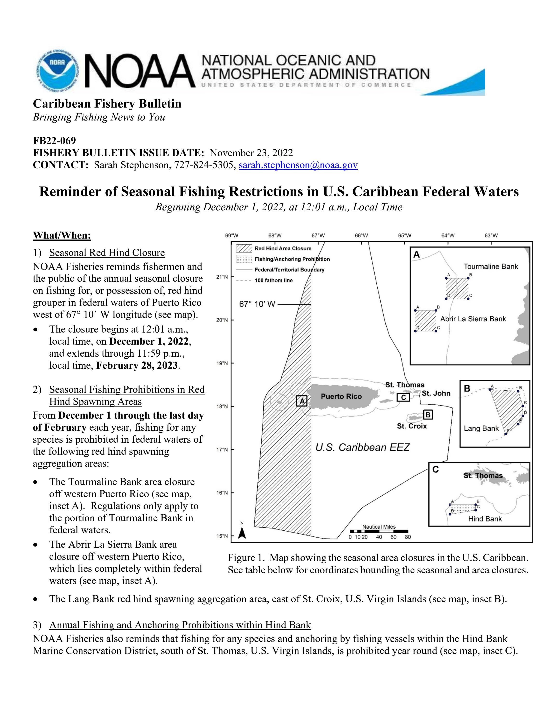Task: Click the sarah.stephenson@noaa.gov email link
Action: pos(298,165)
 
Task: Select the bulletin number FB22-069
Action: pos(54,141)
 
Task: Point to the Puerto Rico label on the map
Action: pos(341,396)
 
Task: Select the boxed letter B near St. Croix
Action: pos(428,414)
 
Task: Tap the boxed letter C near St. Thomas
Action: pos(403,397)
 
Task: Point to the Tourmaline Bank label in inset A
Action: pos(491,267)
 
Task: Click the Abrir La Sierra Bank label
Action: pos(473,319)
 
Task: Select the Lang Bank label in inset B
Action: pos(481,428)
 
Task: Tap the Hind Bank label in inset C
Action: pos(485,519)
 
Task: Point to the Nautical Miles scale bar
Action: pos(379,531)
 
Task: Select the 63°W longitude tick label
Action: pos(491,235)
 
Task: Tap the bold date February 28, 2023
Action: pos(137,366)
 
